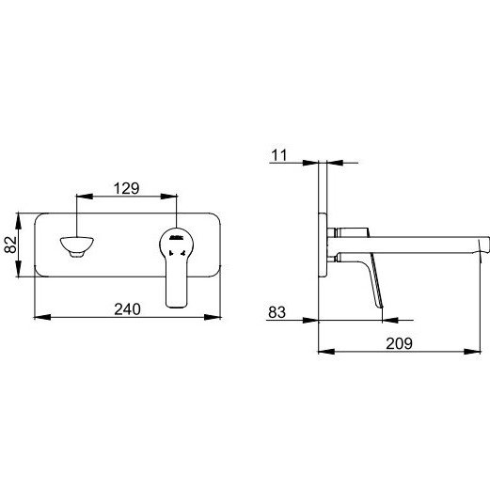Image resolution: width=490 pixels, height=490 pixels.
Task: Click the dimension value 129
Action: (126, 188)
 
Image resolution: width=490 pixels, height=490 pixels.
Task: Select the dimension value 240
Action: (127, 309)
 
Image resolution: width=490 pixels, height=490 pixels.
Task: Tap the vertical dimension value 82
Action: (10, 245)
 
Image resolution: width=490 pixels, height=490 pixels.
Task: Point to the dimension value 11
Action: (279, 155)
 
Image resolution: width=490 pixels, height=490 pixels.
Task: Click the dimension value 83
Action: (277, 312)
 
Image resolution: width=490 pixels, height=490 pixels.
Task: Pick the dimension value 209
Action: (399, 343)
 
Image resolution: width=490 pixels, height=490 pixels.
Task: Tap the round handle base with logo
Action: (176, 242)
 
